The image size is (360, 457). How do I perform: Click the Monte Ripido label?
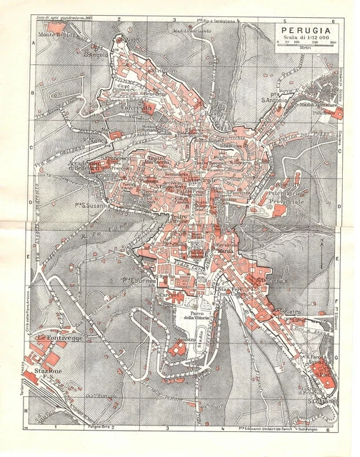coord(56,36)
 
